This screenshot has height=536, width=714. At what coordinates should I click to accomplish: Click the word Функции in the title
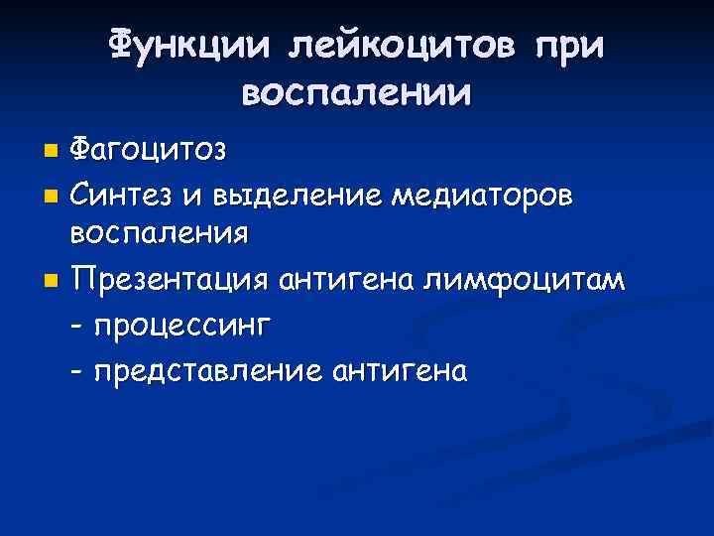tap(189, 45)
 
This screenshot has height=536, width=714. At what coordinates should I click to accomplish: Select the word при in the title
tap(568, 45)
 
